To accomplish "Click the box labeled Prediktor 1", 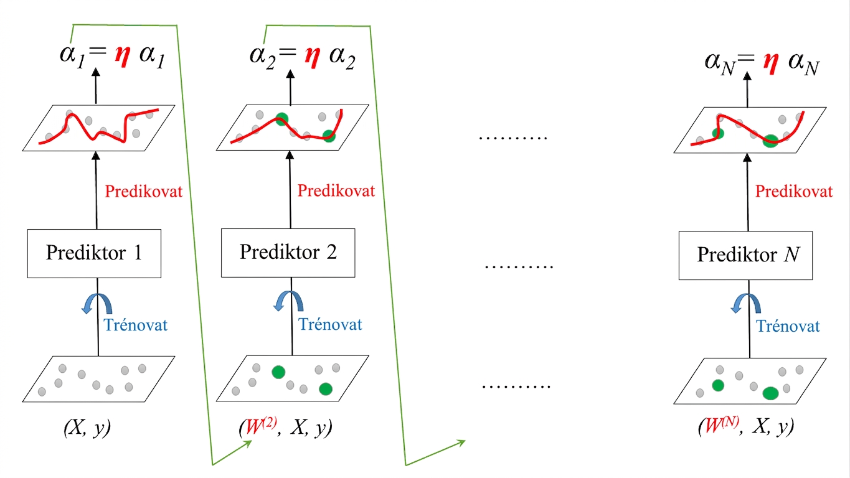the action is click(94, 253).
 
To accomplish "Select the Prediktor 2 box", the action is click(288, 253).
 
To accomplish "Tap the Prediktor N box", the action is click(745, 255).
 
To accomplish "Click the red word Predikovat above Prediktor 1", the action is click(144, 191).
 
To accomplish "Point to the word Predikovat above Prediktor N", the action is click(794, 191).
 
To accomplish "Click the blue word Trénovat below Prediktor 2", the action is click(330, 324).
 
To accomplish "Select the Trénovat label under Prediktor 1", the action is click(136, 325).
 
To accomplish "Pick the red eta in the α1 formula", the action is click(123, 56).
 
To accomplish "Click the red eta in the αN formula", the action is click(771, 63).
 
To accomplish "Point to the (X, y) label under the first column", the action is click(87, 428).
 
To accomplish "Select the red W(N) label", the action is click(722, 425).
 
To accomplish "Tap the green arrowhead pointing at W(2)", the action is click(248, 444).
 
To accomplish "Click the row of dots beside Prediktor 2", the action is click(519, 267).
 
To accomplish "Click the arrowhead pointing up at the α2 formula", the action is click(290, 73).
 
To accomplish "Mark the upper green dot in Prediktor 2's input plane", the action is click(278, 372).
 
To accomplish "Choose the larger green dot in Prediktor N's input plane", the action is click(770, 393).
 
